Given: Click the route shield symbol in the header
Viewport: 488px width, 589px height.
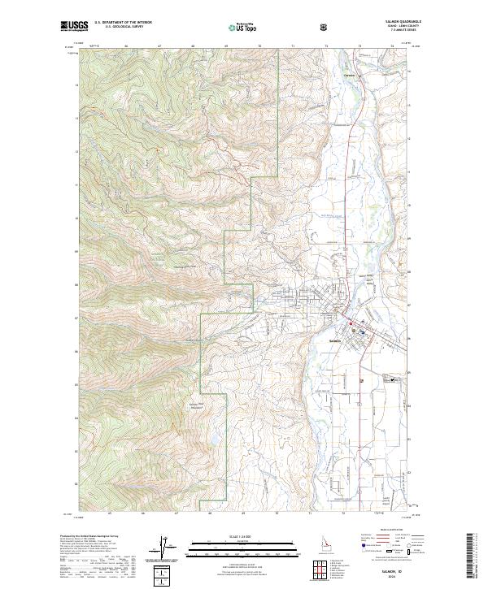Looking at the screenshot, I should click(x=325, y=27).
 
